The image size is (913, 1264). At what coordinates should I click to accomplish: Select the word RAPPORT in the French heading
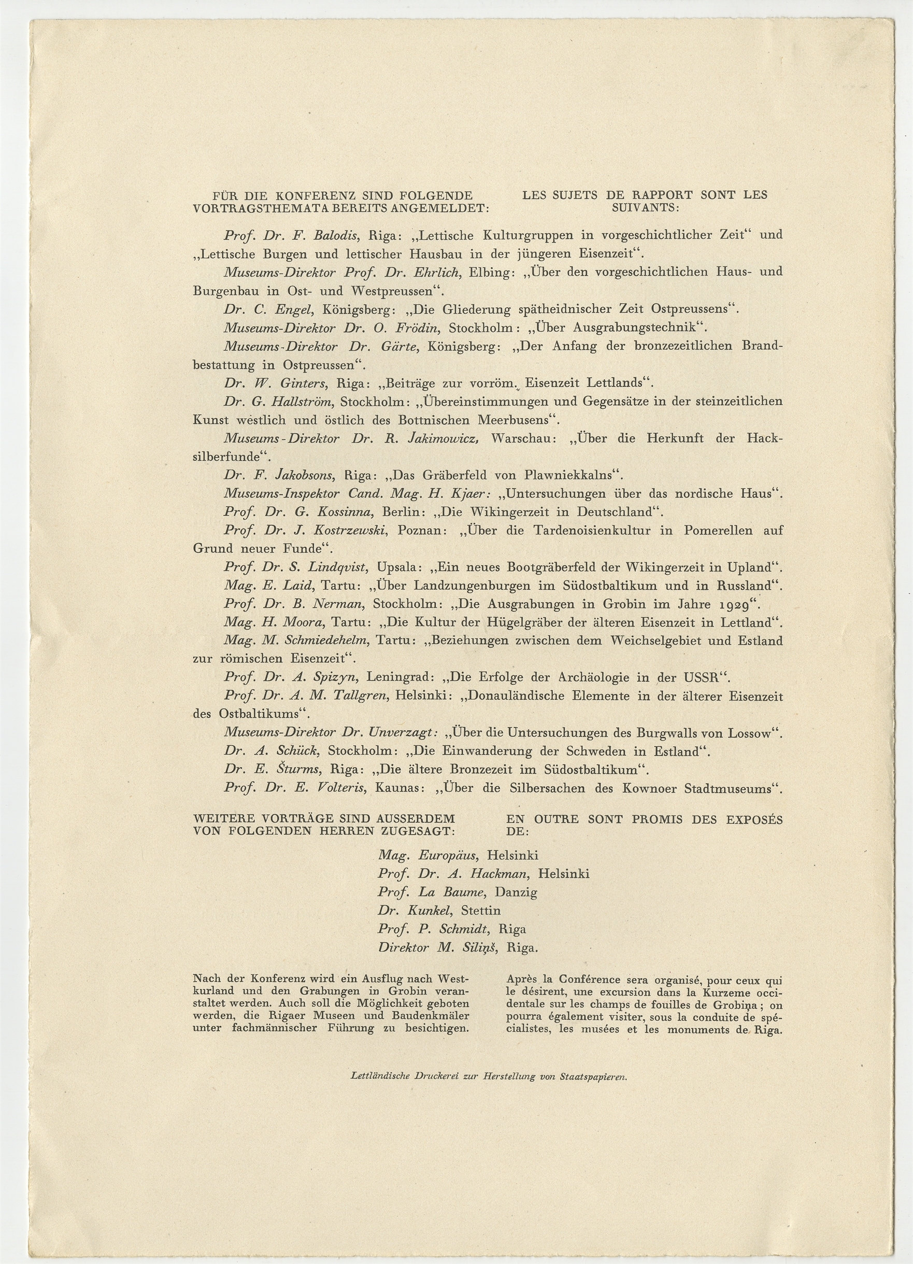(x=662, y=195)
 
